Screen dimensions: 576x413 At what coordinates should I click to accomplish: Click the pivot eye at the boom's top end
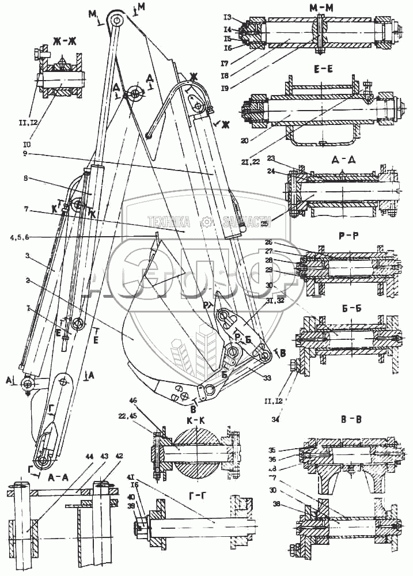click(118, 21)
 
